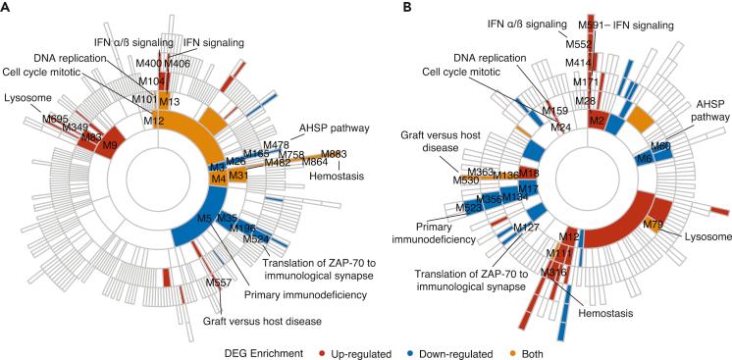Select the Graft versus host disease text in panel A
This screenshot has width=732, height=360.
[239, 317]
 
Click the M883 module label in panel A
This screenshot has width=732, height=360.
[333, 154]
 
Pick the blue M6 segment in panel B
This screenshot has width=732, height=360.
[644, 158]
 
